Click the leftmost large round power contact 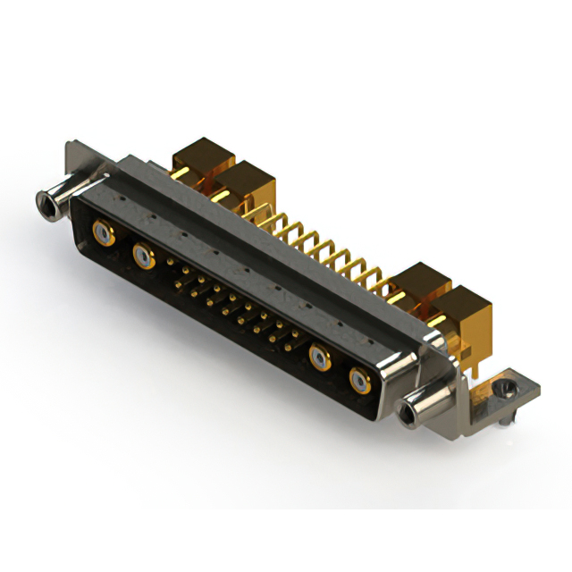click(104, 236)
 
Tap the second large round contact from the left click(143, 258)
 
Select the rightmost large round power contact click(359, 381)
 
